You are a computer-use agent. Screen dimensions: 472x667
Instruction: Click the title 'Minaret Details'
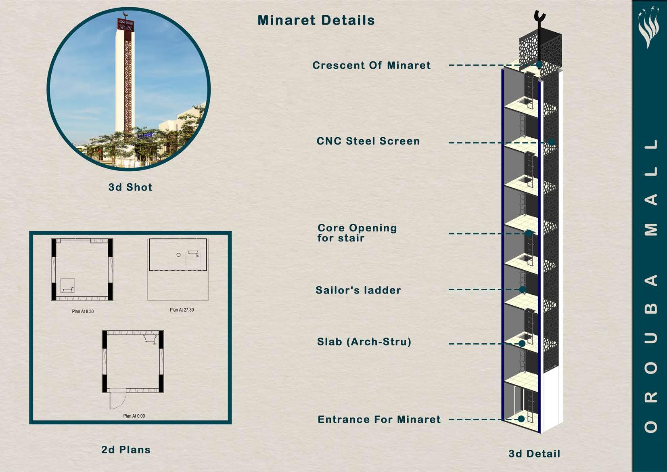click(316, 20)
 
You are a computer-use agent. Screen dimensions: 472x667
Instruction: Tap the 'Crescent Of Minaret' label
click(371, 65)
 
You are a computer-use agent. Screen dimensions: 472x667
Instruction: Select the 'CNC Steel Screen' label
click(368, 141)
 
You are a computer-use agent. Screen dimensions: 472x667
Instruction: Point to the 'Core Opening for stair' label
click(357, 233)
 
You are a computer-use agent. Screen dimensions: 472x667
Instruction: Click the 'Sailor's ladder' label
click(358, 290)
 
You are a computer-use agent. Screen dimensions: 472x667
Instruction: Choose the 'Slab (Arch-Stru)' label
click(364, 342)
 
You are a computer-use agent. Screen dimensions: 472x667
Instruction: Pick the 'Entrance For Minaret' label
click(379, 420)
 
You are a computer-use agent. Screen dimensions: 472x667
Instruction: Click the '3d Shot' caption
click(130, 187)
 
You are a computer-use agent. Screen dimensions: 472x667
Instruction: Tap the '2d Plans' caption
click(126, 450)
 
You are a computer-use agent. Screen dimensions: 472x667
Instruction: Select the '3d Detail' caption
click(534, 454)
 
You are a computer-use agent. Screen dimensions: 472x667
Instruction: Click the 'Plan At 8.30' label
click(83, 311)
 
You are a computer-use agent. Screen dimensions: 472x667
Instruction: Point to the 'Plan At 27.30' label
click(182, 310)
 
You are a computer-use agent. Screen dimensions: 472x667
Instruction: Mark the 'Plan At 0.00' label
click(134, 416)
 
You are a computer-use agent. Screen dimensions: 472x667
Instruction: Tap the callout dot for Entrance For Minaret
click(521, 419)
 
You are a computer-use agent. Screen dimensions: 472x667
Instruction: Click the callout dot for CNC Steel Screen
click(551, 142)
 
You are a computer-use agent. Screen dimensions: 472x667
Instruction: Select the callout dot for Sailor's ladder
click(522, 289)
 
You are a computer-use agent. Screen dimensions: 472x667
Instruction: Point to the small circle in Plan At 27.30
click(178, 255)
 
